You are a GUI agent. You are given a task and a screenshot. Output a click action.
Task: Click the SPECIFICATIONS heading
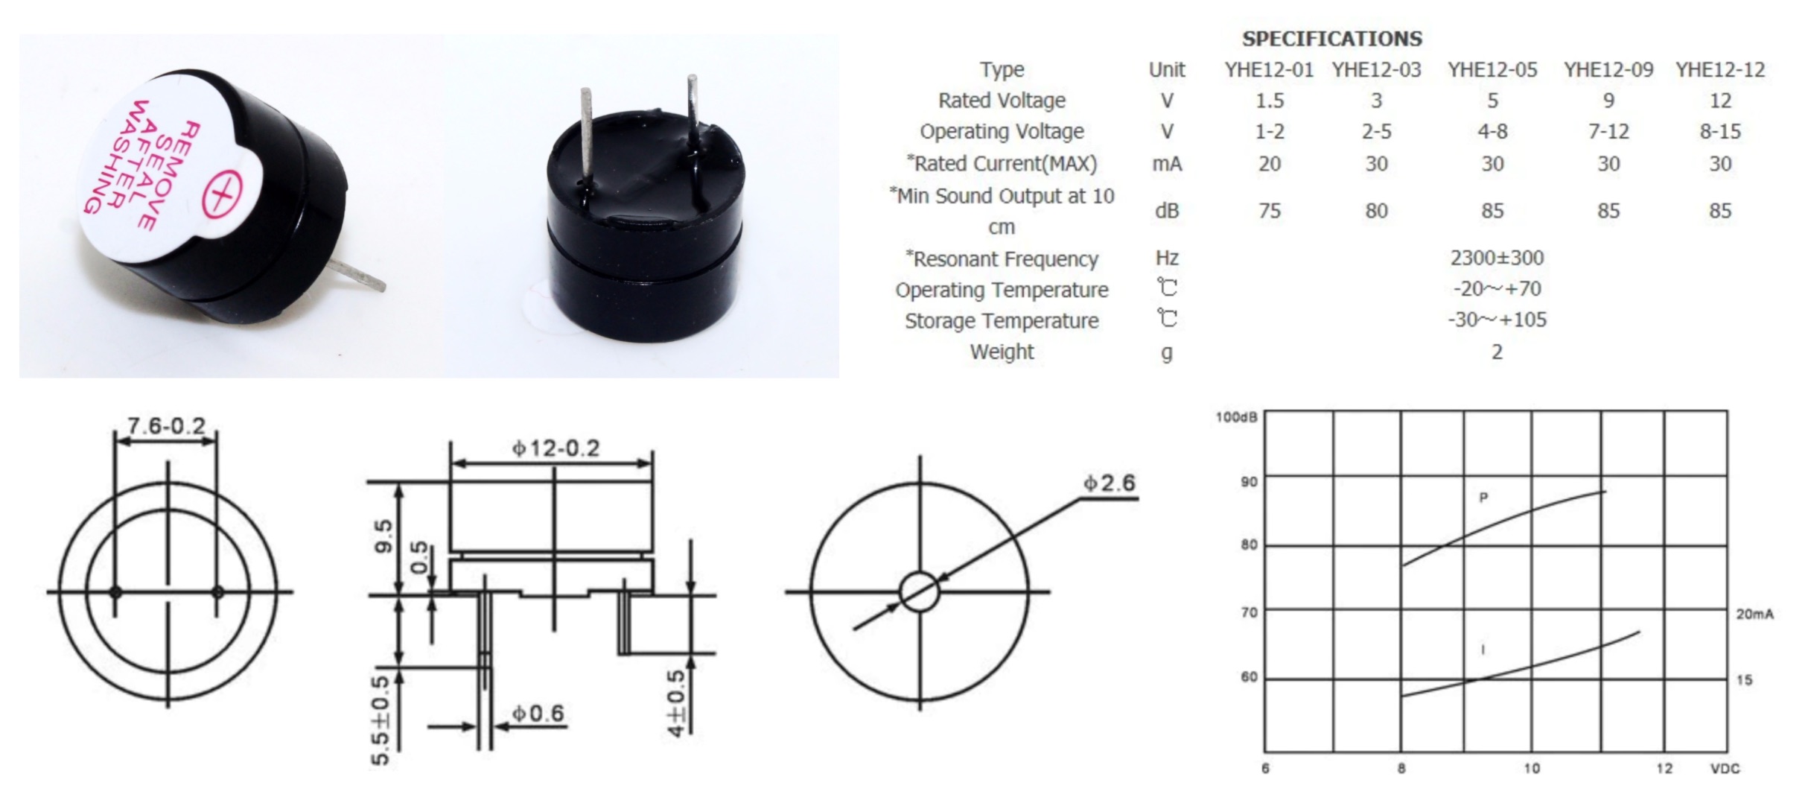[x=1331, y=38]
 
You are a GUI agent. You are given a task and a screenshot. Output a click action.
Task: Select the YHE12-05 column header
[x=1492, y=70]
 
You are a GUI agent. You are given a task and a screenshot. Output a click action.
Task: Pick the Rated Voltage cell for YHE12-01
[x=1270, y=101]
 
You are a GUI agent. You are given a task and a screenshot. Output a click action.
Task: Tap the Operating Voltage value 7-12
[x=1608, y=132]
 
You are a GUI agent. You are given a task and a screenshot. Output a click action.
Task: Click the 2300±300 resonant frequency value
[x=1497, y=258]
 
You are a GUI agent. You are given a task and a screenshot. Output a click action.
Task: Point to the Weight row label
[x=1002, y=352]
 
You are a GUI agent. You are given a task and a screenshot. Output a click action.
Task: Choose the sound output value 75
[x=1270, y=211]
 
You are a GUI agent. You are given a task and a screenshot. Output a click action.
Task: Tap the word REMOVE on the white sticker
[x=172, y=176]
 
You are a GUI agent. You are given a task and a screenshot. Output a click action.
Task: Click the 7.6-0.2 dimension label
[x=166, y=425]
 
